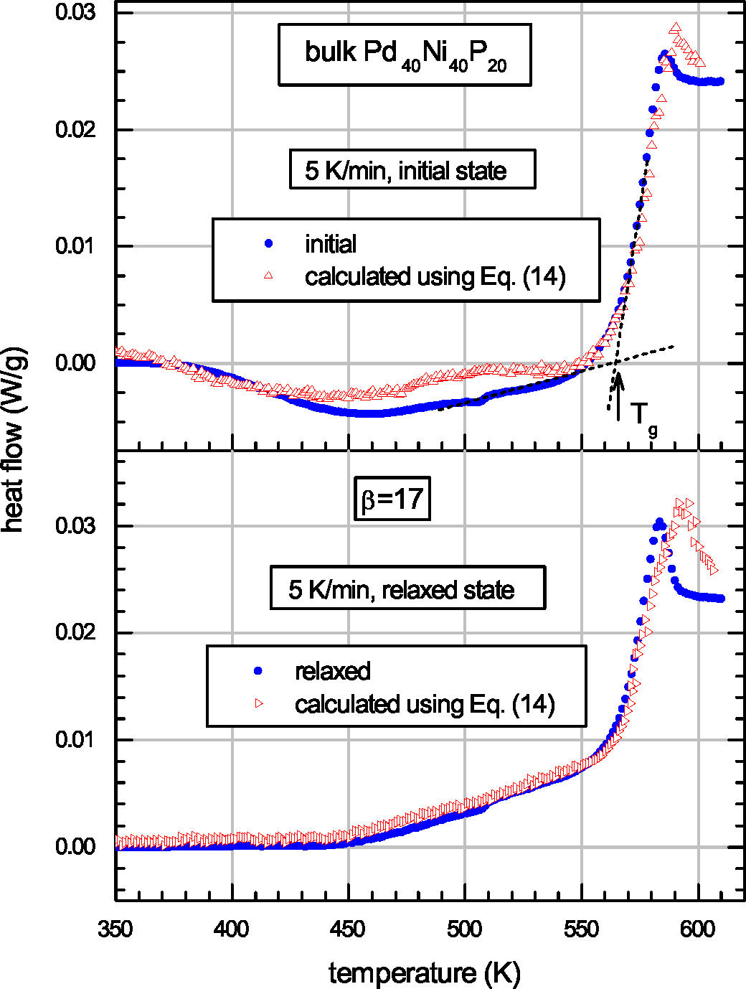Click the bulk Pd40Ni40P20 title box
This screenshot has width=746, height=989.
[405, 55]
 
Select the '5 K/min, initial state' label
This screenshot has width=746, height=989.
[412, 170]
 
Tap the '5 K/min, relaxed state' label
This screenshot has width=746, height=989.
[407, 589]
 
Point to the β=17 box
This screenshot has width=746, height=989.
[392, 499]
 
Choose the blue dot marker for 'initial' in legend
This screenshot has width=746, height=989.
[269, 244]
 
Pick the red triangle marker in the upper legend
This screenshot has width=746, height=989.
[269, 276]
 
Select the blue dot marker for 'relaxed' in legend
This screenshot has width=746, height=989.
[259, 671]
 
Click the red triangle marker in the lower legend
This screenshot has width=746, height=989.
[259, 704]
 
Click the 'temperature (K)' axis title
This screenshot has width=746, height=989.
[425, 972]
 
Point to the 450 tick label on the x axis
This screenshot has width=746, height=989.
[348, 929]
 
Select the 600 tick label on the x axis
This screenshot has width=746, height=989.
[697, 929]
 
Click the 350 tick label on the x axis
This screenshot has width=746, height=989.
[115, 929]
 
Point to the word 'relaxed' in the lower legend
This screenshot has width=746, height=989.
[333, 671]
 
